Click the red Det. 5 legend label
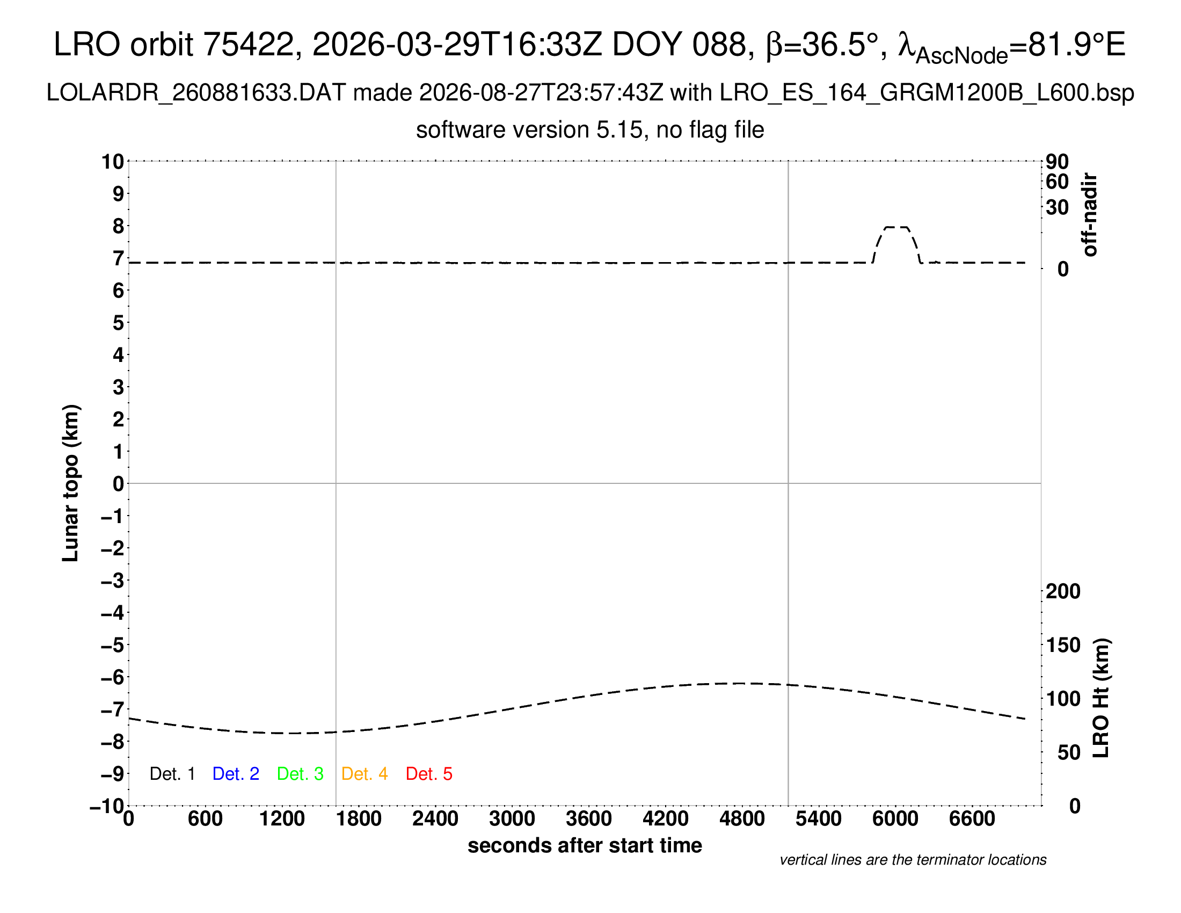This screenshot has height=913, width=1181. pos(429,773)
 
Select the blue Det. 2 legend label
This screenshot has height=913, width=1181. pos(236,773)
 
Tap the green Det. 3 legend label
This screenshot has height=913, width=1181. pos(300,773)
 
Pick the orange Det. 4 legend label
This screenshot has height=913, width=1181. pos(364,773)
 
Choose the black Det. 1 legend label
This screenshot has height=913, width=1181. pos(172,773)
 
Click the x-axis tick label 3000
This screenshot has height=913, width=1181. pos(512,818)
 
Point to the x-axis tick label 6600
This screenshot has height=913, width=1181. pos(972,818)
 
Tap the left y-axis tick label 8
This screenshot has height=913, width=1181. pos(119,226)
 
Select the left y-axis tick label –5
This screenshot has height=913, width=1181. pos(113,644)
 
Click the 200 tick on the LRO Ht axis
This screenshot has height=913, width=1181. pos(1063,591)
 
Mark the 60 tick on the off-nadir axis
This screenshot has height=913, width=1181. pos(1057,182)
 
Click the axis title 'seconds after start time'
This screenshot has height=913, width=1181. pos(585,845)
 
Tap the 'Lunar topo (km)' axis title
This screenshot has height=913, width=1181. pos(70,483)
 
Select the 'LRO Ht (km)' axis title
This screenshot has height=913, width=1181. pos(1101,698)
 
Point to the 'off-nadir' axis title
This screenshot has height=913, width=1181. pos(1090,215)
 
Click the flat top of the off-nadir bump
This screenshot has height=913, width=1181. pos(896,227)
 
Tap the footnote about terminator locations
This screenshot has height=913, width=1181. pos(913,860)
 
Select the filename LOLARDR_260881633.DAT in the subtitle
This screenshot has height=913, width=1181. pos(196,93)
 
